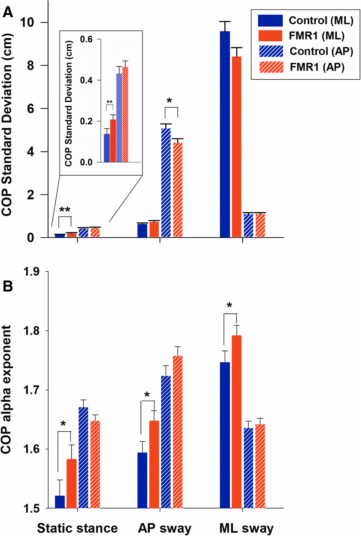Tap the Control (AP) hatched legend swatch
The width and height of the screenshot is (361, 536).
[271, 51]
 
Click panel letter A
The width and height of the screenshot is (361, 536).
[8, 13]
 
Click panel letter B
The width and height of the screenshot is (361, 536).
[8, 286]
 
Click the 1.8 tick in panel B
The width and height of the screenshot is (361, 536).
[31, 331]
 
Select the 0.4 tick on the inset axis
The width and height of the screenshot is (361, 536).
[86, 80]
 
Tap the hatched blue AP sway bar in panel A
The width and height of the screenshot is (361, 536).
[166, 183]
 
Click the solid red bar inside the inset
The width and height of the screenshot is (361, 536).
[113, 141]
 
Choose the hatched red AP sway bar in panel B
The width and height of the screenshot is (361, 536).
[178, 432]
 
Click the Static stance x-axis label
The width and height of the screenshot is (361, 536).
[77, 528]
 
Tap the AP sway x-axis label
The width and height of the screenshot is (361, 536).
[164, 528]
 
